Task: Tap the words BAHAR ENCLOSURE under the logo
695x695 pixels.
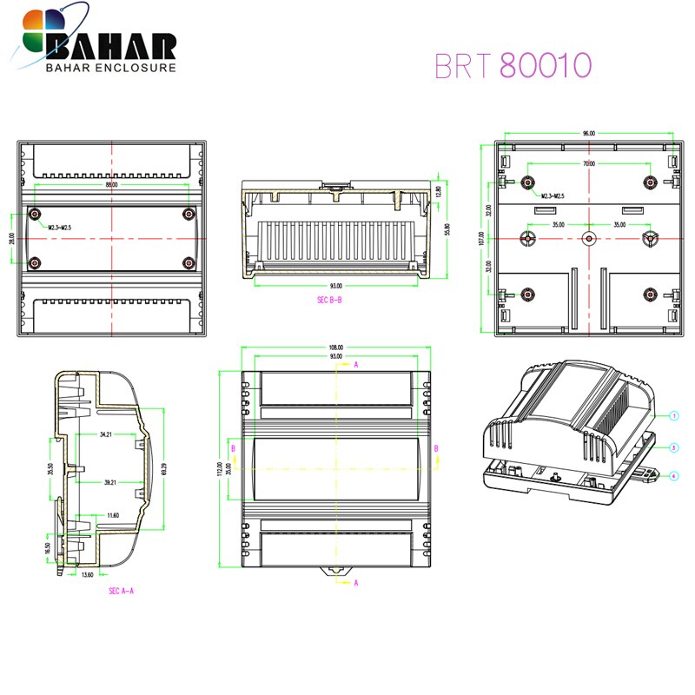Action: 110,67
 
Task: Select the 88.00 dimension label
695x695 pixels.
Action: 112,185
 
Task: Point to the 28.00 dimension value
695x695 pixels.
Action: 12,237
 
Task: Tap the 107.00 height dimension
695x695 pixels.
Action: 481,238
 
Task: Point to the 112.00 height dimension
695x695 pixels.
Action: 220,469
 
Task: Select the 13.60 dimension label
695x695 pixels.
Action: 88,574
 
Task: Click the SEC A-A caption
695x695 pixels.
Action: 121,591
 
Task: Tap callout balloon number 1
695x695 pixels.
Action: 673,416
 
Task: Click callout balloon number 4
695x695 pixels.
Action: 673,475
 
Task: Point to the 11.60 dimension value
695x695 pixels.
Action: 113,515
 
